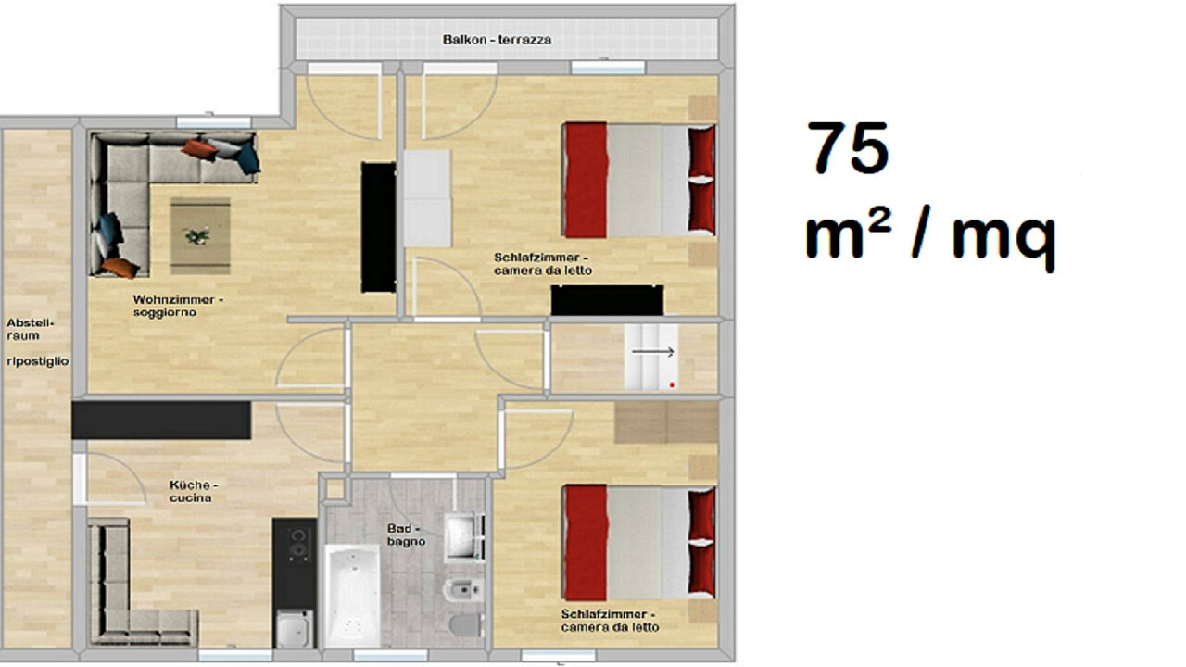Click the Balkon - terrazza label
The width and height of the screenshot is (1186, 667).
pyautogui.click(x=498, y=40)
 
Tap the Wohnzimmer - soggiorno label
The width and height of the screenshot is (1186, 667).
pyautogui.click(x=178, y=306)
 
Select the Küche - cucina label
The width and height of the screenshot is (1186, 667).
pyautogui.click(x=194, y=491)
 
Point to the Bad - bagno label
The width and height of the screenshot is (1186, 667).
pyautogui.click(x=406, y=535)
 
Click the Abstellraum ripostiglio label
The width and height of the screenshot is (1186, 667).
pyautogui.click(x=38, y=342)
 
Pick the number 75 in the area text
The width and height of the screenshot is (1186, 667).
pyautogui.click(x=848, y=147)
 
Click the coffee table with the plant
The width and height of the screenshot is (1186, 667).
pyautogui.click(x=200, y=235)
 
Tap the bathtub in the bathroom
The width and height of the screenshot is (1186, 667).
pyautogui.click(x=352, y=595)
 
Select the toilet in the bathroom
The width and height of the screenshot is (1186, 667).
pyautogui.click(x=466, y=624)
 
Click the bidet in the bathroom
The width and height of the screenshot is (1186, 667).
pyautogui.click(x=463, y=590)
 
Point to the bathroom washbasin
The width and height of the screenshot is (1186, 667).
pyautogui.click(x=463, y=535)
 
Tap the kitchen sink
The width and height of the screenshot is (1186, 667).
pyautogui.click(x=295, y=628)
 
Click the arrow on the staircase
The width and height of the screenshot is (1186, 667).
pyautogui.click(x=653, y=351)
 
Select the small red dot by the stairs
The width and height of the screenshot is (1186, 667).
pyautogui.click(x=672, y=384)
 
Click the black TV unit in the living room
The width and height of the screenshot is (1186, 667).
pyautogui.click(x=379, y=227)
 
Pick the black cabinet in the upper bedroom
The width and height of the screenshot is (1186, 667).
pyautogui.click(x=607, y=300)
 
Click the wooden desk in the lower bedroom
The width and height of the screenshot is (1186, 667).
pyautogui.click(x=666, y=422)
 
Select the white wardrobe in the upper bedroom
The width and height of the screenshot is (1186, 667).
pyautogui.click(x=427, y=198)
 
